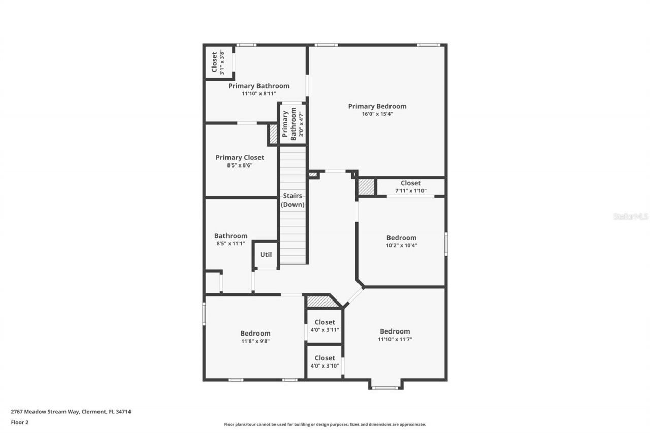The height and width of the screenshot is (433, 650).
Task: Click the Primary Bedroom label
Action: click(x=377, y=106)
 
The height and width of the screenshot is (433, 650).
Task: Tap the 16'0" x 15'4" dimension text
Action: click(x=377, y=114)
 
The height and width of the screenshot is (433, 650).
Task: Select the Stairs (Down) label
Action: click(x=293, y=200)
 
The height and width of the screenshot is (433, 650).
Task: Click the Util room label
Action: click(x=266, y=255)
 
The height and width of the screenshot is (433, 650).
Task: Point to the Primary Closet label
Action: click(x=240, y=158)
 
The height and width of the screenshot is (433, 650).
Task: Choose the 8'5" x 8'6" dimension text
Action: click(x=240, y=165)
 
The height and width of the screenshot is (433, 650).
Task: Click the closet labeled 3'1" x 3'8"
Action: click(x=218, y=62)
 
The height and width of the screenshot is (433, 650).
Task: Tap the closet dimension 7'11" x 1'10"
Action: click(x=410, y=191)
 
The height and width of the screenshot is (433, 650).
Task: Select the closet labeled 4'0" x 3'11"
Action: click(x=324, y=326)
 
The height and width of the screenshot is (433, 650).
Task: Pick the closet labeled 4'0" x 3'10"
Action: click(x=324, y=361)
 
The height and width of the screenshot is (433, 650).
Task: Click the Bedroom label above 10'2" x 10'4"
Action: click(x=401, y=238)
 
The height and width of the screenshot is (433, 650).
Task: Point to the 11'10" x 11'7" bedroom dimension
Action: click(x=395, y=339)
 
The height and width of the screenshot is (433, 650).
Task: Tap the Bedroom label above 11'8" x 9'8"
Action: click(x=255, y=334)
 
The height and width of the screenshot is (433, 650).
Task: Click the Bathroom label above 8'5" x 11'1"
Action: click(x=231, y=236)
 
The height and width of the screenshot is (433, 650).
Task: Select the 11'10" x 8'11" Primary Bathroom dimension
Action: click(x=258, y=94)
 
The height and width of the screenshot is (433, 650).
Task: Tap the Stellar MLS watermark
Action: click(x=631, y=216)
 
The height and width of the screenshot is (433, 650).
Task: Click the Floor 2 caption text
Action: click(x=20, y=422)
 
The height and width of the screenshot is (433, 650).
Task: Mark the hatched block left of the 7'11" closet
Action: click(x=366, y=187)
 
